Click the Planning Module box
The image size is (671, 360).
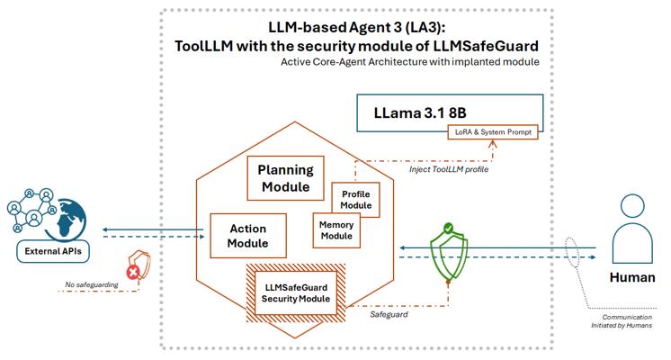point(284,178)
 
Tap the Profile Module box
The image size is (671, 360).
point(356,199)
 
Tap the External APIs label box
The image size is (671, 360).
point(48,251)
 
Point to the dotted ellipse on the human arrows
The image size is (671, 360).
point(573,250)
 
